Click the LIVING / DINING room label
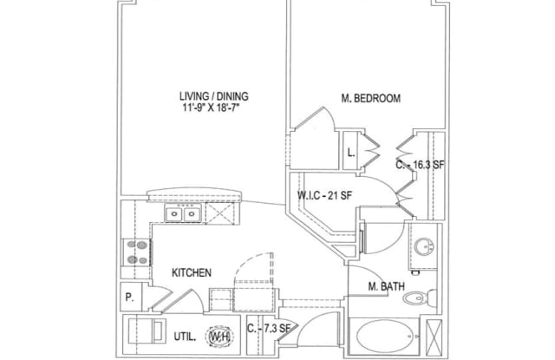click(x=214, y=96)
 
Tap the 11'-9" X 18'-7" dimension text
click(x=212, y=108)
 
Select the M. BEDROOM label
click(x=370, y=98)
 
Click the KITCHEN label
click(x=192, y=272)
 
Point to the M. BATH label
click(x=386, y=286)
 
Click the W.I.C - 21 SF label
click(x=324, y=195)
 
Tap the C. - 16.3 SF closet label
click(x=420, y=165)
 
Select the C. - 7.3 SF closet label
click(x=269, y=329)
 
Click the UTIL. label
click(x=185, y=337)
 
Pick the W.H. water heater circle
click(x=219, y=337)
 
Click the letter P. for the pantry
click(x=129, y=298)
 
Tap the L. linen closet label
click(x=350, y=153)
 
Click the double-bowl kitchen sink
click(x=183, y=213)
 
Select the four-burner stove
click(x=137, y=252)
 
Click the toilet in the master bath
click(x=420, y=297)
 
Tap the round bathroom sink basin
click(x=424, y=246)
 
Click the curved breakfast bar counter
click(x=194, y=195)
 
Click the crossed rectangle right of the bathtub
click(x=434, y=337)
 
